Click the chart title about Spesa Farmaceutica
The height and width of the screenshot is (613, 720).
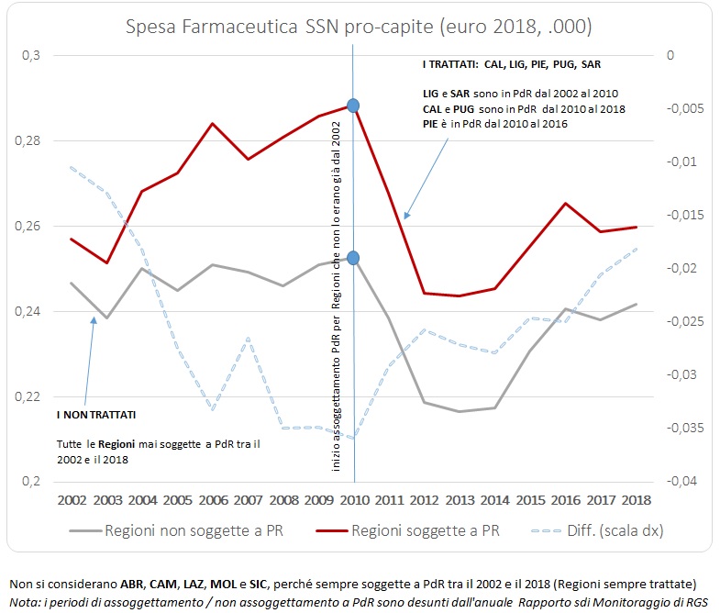point(359,23)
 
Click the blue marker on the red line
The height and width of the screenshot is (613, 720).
point(353,106)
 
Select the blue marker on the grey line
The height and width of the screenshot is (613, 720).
point(353,259)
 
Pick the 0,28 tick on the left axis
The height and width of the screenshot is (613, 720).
point(31,141)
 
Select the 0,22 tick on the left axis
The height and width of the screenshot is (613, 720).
point(31,397)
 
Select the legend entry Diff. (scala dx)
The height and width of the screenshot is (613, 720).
point(597,530)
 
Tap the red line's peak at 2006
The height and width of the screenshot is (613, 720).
point(213,123)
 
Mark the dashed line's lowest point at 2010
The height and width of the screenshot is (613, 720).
point(353,438)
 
